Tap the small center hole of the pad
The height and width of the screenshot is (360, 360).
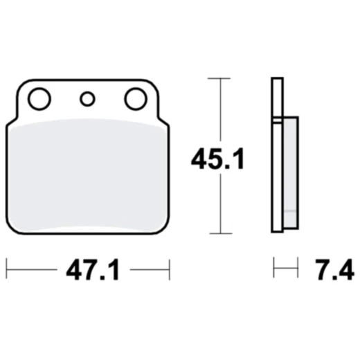point(87,100)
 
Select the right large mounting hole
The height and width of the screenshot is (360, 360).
point(134,100)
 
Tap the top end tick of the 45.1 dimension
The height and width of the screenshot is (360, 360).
point(220,78)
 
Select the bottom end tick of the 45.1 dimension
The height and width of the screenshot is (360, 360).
point(220,234)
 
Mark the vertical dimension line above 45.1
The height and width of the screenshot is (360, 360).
point(220,111)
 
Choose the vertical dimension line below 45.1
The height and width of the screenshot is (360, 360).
point(220,204)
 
